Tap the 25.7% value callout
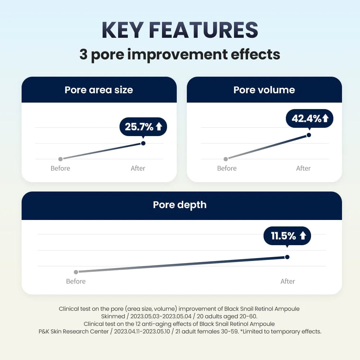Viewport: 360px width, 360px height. point(143,127)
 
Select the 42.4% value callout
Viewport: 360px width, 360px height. point(310,118)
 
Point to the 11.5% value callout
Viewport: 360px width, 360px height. point(287,236)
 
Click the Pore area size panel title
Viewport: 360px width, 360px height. point(99,90)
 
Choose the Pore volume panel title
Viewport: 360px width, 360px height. point(264,90)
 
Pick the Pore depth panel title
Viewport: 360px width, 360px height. point(180,204)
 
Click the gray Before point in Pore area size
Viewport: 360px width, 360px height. point(60,159)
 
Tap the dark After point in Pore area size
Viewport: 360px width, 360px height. point(143,143)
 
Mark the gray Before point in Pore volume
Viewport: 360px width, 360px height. point(226,159)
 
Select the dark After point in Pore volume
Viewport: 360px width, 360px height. point(309,135)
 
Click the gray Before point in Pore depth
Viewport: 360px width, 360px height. point(76,272)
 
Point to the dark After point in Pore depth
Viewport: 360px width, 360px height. point(287,257)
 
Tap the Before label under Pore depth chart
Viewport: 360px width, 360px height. point(76,281)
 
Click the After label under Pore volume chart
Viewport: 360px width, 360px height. point(303,168)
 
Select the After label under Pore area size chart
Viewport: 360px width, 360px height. point(138,168)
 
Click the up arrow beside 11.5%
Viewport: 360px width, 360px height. point(303,236)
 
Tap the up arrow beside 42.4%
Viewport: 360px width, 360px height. point(325,118)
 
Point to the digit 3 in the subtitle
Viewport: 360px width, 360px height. point(84,55)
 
